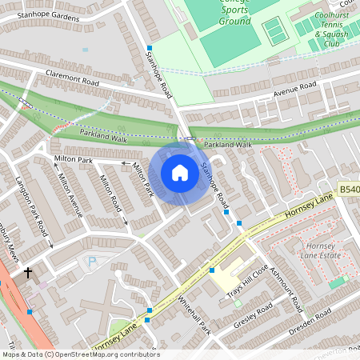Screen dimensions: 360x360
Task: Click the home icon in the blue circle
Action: (180, 173)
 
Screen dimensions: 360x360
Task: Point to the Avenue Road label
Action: (296, 90)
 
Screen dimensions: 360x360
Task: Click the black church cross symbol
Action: (28, 273)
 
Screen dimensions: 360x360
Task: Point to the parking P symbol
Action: (91, 261)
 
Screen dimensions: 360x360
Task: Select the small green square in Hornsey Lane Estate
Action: (337, 282)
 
